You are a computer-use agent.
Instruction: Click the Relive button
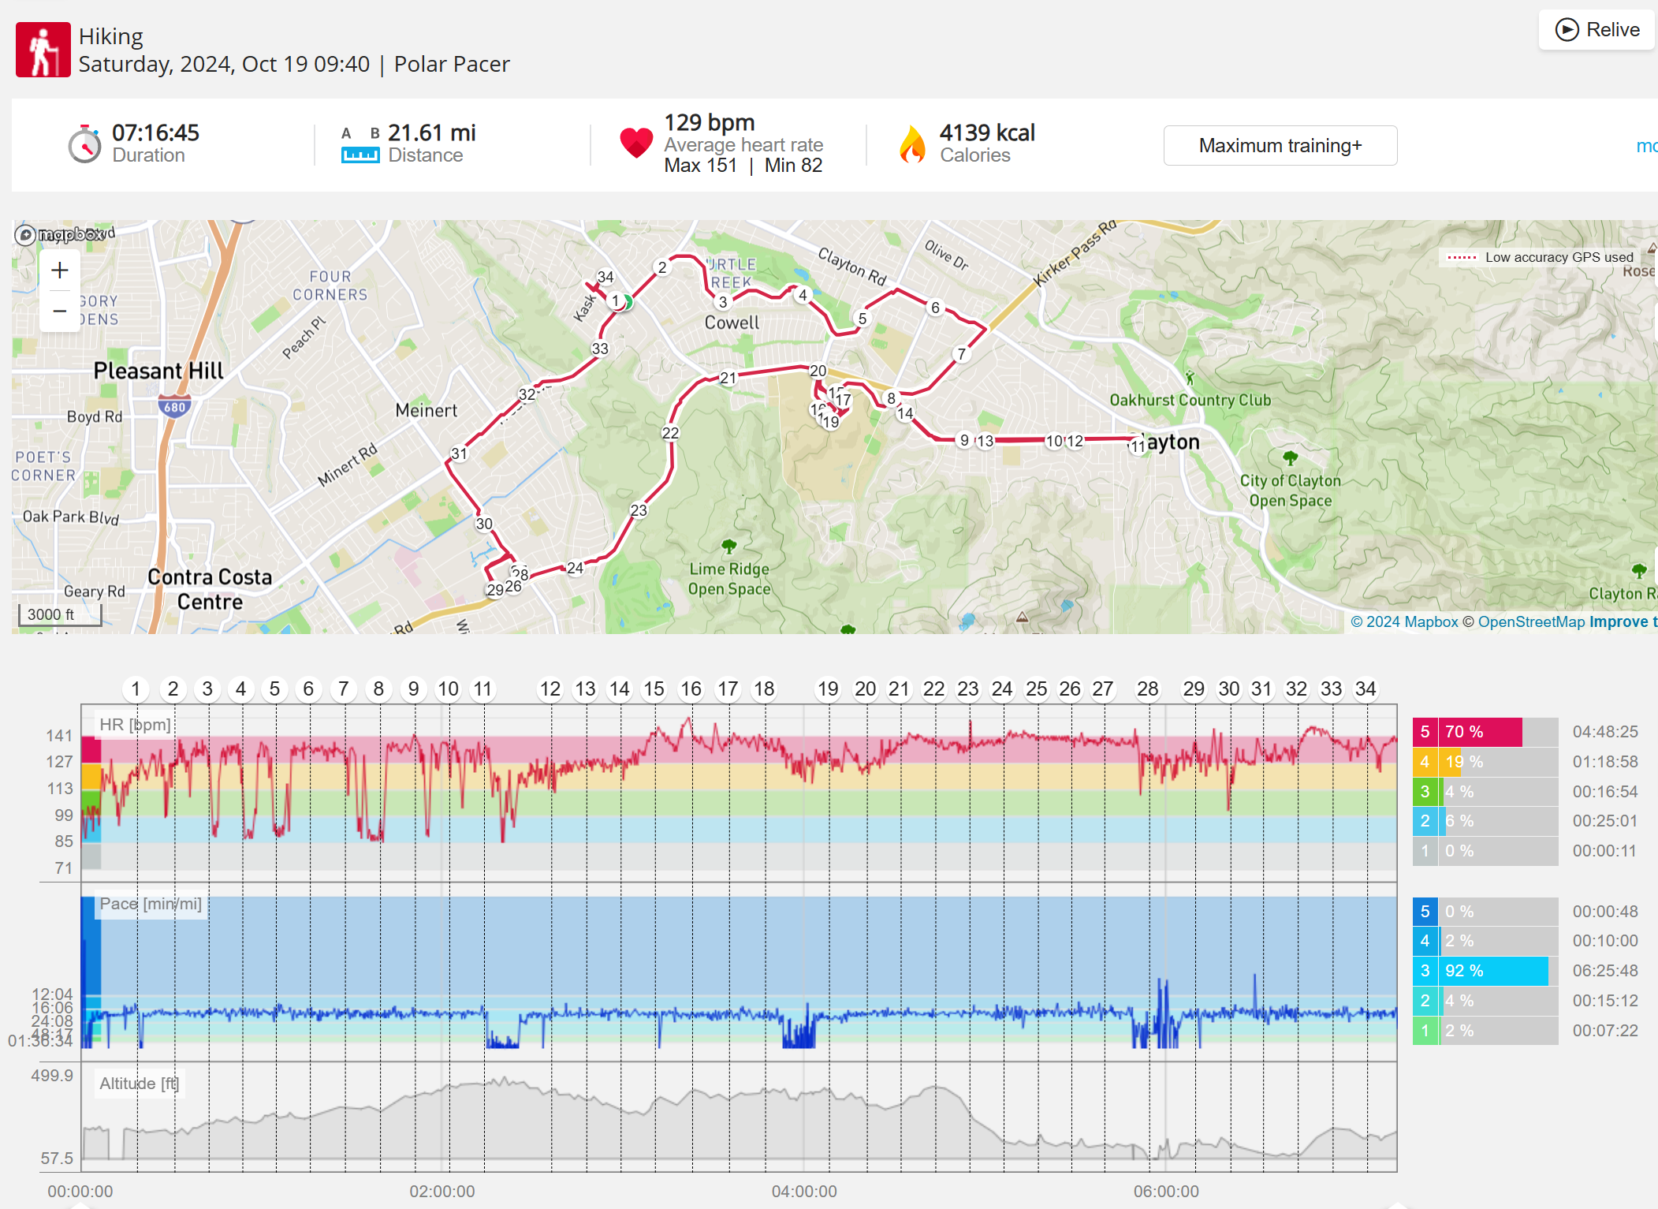tap(1597, 30)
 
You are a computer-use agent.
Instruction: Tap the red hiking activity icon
tap(43, 50)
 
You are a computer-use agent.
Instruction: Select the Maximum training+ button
tap(1280, 146)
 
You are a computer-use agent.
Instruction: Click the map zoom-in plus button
tap(60, 271)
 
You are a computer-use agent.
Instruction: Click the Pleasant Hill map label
tap(158, 371)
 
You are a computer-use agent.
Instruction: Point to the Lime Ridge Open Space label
tap(729, 579)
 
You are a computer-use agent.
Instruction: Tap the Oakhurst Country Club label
tap(1190, 400)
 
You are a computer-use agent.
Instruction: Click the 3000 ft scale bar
tap(60, 615)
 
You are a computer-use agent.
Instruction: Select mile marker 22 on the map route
tap(670, 433)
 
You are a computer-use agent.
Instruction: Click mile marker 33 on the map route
tap(600, 349)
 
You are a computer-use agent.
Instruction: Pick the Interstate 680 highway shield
tap(174, 407)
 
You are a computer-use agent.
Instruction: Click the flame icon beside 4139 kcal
tap(912, 144)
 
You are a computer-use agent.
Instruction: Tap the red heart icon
tap(636, 143)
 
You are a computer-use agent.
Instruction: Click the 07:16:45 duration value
tap(155, 132)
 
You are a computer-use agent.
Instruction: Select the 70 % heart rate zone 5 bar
tap(1481, 732)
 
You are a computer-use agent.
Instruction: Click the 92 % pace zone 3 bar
tap(1494, 971)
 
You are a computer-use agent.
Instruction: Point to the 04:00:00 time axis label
tap(804, 1191)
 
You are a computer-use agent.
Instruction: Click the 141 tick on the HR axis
tap(59, 736)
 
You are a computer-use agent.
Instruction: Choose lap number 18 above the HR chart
tap(764, 689)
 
